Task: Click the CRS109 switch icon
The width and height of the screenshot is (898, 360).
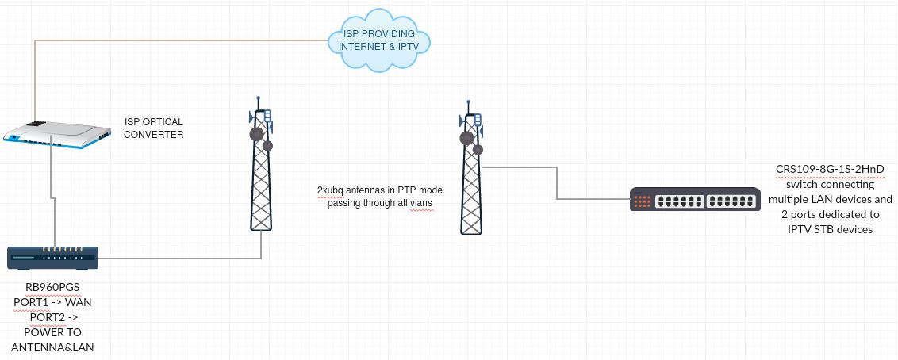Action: click(x=680, y=199)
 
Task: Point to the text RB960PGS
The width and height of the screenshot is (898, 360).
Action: click(x=52, y=288)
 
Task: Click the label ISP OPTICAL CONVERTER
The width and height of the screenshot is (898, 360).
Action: click(x=154, y=128)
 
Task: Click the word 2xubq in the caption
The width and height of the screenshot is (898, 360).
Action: click(x=331, y=190)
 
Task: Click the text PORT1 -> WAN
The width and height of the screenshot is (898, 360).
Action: click(x=52, y=302)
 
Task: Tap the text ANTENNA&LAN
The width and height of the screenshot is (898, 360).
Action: click(x=52, y=347)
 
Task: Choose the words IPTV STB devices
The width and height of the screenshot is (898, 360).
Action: click(x=831, y=229)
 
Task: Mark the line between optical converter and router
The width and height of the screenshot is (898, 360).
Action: click(x=52, y=198)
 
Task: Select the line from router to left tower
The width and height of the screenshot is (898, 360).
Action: click(x=182, y=258)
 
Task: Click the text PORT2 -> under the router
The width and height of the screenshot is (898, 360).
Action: click(x=52, y=317)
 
